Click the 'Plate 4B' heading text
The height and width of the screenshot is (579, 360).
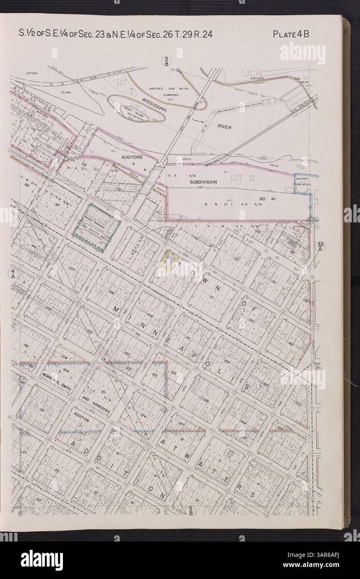coord(290,34)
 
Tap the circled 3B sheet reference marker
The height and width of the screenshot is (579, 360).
coord(166,62)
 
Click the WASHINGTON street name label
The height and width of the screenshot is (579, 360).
coord(163,297)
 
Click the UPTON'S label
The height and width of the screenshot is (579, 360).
coord(32,73)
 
